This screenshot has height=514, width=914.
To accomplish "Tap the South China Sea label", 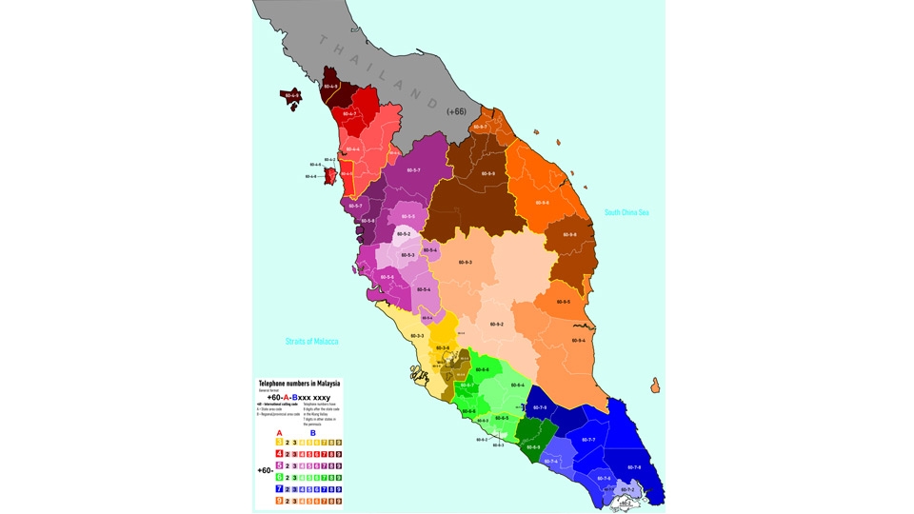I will [x=627, y=212].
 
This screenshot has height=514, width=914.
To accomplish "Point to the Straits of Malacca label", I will [x=312, y=341].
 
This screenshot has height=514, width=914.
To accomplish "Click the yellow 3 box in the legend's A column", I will [x=279, y=443].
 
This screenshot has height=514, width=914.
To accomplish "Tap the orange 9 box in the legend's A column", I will [x=279, y=500].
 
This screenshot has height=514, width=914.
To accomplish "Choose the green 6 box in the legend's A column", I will [x=279, y=477].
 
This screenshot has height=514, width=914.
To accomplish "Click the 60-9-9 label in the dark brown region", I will [x=487, y=173].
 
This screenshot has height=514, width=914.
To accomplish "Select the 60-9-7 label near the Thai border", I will [x=481, y=127].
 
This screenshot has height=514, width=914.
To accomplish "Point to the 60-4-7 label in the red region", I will [x=348, y=114].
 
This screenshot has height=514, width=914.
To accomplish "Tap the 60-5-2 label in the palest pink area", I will [x=404, y=233].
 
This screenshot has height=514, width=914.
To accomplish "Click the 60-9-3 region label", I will [x=465, y=262].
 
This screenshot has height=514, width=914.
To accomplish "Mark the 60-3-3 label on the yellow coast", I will [x=417, y=336].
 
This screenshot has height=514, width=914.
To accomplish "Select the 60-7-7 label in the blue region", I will [x=587, y=440].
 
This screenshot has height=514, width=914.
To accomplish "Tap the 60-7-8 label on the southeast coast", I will [x=634, y=467].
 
